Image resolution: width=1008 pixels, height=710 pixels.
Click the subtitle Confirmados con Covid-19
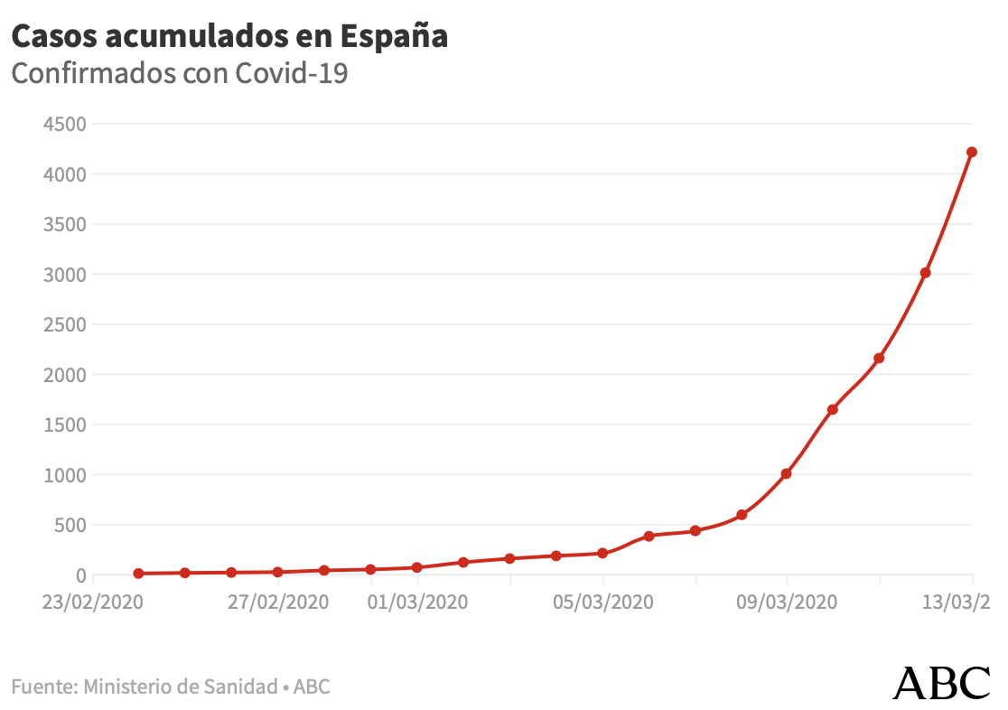point(180,73)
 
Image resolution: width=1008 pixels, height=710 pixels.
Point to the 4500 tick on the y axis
point(64,124)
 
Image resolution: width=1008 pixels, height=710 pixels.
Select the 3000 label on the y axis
point(64,274)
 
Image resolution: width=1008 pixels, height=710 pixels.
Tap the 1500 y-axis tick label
point(64,425)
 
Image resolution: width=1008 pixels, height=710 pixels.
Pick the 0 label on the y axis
point(80,575)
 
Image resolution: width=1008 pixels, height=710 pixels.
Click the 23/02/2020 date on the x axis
point(93,602)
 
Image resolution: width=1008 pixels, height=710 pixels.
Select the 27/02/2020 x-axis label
point(278,602)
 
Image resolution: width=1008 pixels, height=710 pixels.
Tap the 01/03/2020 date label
point(417,602)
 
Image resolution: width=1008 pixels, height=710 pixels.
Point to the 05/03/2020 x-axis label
point(602,602)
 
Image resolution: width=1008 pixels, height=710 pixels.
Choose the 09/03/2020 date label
point(787,602)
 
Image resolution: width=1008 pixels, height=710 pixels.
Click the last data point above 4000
point(972,152)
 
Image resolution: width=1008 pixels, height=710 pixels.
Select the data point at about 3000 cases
point(925,273)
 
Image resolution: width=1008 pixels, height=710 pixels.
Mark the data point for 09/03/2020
point(786,473)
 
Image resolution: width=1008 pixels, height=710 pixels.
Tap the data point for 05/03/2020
point(602,553)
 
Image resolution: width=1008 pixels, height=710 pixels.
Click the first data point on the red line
point(138,574)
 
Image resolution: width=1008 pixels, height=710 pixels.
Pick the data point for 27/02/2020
point(278,572)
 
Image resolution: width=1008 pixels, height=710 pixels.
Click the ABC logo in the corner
point(941,683)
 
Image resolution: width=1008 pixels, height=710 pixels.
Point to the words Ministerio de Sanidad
point(180,687)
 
